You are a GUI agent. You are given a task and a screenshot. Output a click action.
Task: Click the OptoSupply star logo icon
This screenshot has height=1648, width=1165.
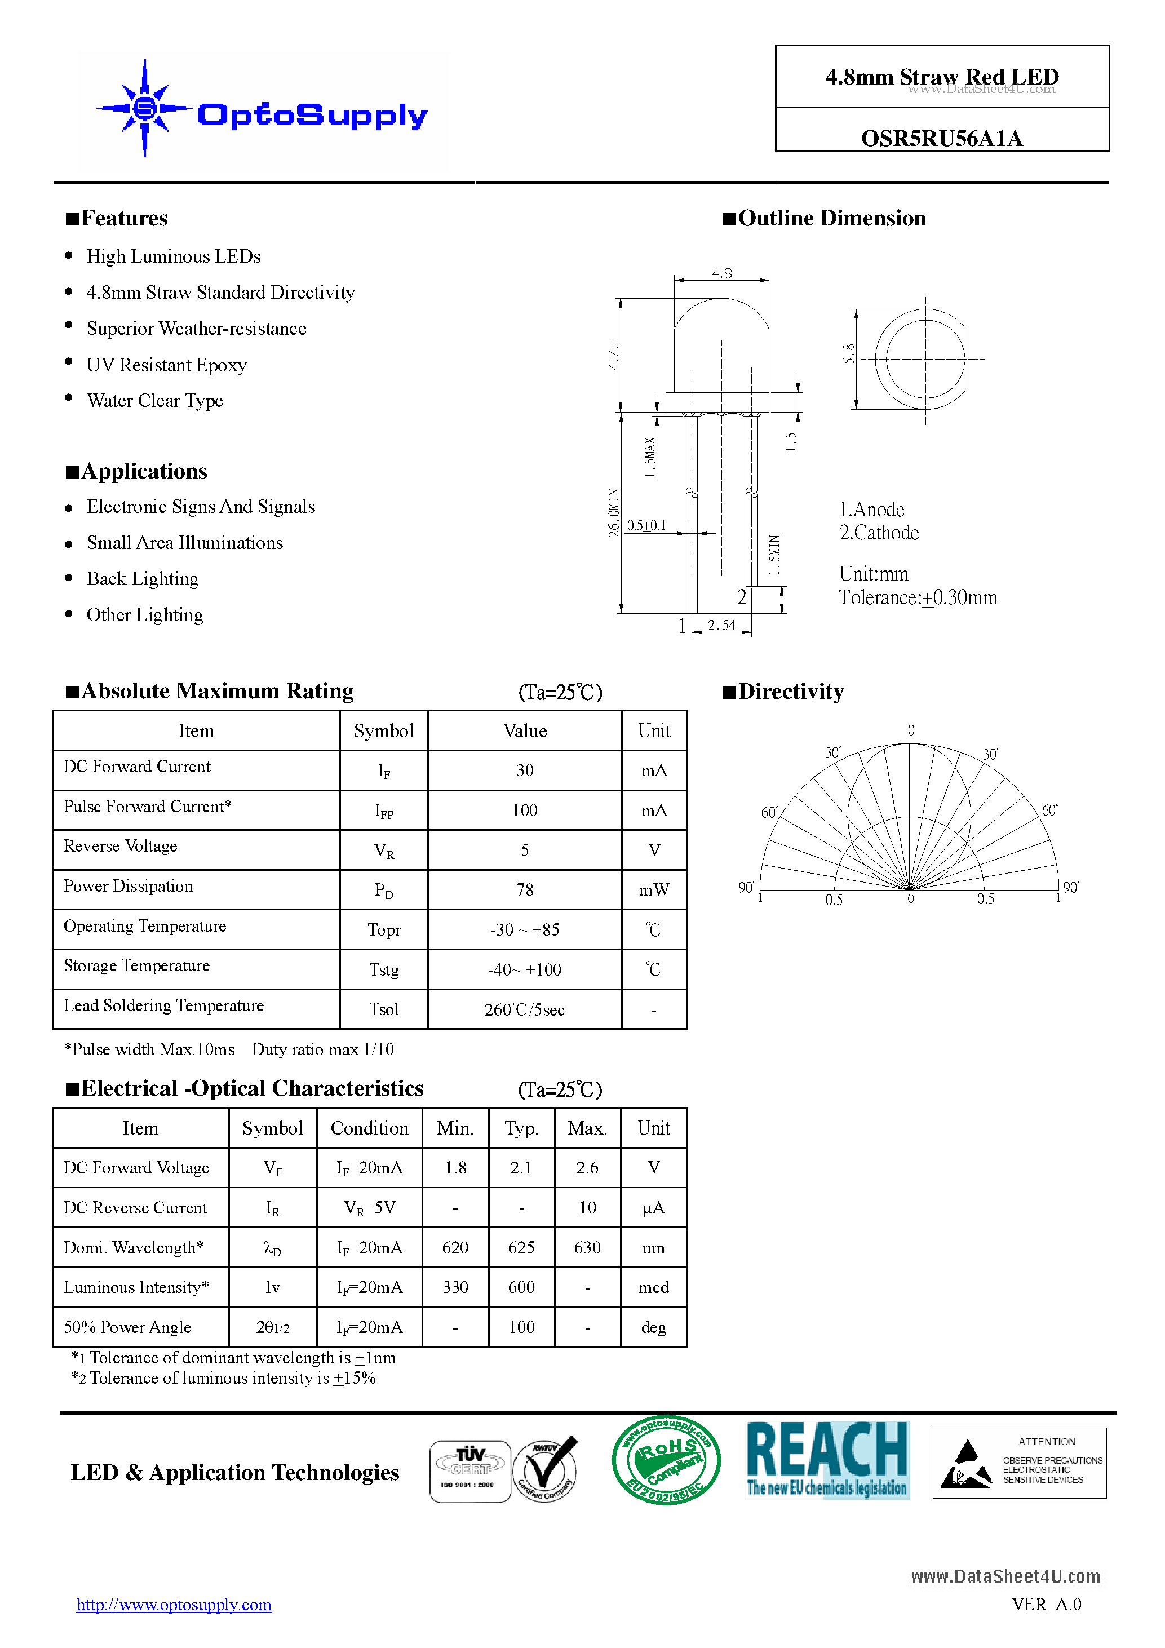145,108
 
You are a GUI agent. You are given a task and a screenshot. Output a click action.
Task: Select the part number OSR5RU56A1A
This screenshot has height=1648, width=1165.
941,138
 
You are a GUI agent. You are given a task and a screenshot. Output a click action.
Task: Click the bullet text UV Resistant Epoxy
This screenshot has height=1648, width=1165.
166,365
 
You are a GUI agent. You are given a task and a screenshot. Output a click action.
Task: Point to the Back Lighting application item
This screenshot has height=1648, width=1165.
142,578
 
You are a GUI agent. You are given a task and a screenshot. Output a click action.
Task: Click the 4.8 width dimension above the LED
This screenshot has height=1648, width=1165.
721,273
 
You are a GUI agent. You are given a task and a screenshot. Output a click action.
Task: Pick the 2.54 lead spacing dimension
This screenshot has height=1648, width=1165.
721,625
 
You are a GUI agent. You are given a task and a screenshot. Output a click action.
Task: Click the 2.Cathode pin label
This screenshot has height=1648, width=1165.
879,533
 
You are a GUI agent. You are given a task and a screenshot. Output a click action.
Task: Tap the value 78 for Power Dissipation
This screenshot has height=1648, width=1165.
524,890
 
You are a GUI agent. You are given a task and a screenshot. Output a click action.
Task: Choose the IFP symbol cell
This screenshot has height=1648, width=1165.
383,811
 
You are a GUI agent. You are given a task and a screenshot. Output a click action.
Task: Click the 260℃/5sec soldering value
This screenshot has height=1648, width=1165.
524,1010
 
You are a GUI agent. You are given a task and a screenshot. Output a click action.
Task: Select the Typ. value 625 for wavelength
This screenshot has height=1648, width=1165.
521,1247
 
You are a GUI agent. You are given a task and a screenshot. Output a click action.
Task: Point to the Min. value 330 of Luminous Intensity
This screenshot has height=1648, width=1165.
455,1287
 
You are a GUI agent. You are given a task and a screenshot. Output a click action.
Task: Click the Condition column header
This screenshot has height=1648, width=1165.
369,1128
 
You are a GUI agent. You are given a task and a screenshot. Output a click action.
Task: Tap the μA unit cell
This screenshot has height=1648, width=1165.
653,1208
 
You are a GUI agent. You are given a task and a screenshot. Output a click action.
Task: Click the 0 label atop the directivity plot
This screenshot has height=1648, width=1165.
911,730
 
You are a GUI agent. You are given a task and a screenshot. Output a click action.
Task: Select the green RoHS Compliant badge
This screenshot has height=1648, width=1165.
666,1461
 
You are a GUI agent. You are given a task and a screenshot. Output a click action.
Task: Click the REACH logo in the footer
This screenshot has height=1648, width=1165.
827,1459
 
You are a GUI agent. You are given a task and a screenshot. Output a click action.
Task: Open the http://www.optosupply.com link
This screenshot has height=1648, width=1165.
174,1605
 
